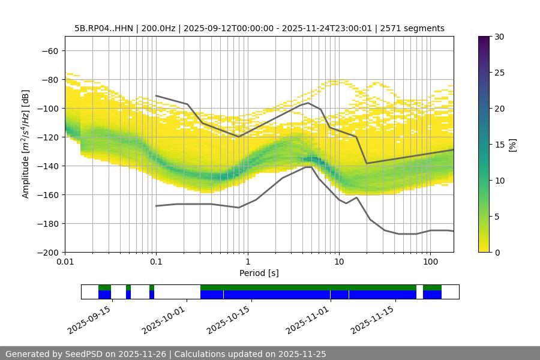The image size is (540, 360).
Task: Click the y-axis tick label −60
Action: [x=49, y=50]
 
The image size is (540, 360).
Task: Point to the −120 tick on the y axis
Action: [x=46, y=137]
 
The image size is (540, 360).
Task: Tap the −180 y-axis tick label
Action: [x=46, y=223]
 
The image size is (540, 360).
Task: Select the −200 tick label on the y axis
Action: [x=46, y=252]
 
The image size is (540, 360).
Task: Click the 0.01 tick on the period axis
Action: [x=65, y=262]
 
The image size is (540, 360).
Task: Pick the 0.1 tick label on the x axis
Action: [x=156, y=262]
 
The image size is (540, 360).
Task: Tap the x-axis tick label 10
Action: [x=339, y=262]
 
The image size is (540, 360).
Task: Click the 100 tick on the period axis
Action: [x=430, y=262]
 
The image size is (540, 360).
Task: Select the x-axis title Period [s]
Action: [x=259, y=273]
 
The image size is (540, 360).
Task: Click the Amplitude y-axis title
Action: [x=26, y=144]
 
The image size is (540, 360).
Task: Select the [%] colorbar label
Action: [x=512, y=145]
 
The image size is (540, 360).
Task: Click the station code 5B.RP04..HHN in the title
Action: [x=103, y=28]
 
